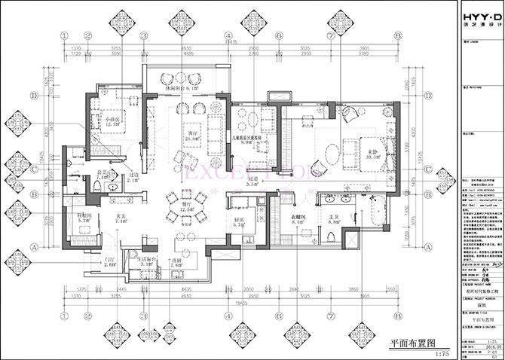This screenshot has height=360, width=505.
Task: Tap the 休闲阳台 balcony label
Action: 180,88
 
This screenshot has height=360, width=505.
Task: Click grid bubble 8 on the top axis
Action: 394,35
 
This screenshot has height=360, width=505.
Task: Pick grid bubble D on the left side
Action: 34,96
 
